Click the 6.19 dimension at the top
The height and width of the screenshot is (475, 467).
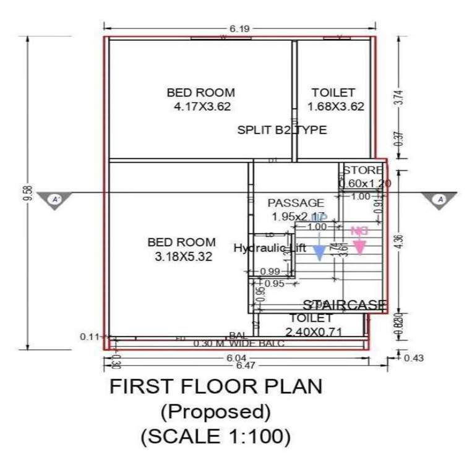pos(240,28)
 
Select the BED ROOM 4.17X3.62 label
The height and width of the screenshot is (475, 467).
pos(201,99)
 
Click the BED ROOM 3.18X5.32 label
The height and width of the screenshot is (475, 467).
pos(182,249)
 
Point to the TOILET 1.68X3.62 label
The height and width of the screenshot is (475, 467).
pos(334,99)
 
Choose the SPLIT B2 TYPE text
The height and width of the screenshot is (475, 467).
pos(282,131)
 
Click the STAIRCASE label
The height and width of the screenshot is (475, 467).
pos(345,304)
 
